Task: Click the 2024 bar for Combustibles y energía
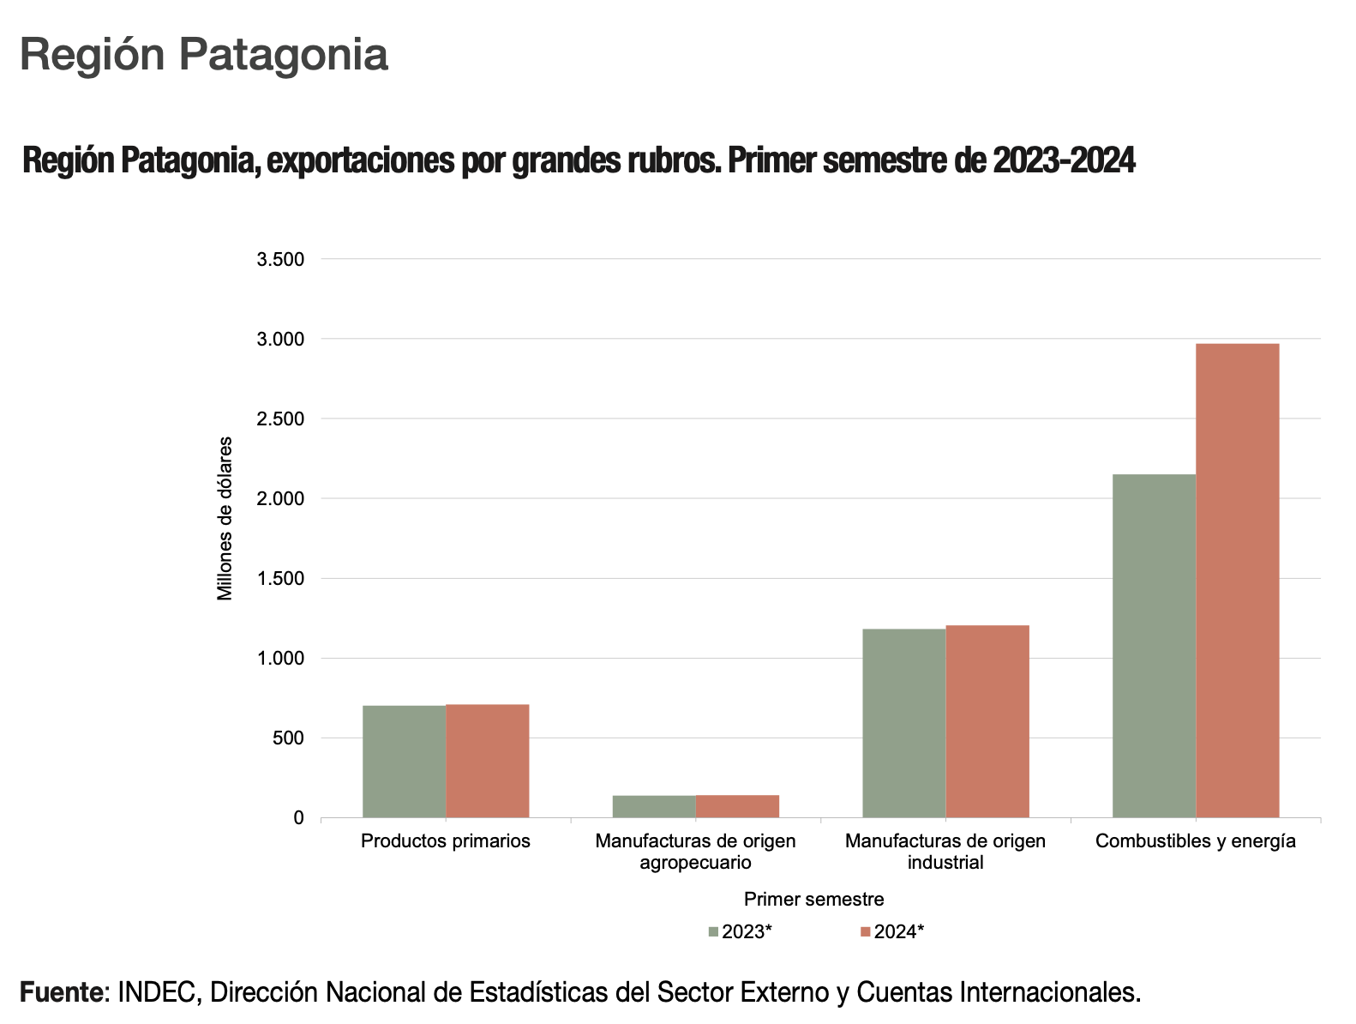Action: click(x=1237, y=581)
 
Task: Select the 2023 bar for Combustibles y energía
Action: click(x=1154, y=646)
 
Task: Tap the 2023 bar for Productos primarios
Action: click(x=404, y=762)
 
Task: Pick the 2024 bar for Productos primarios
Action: click(x=487, y=761)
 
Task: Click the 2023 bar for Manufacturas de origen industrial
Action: click(x=903, y=723)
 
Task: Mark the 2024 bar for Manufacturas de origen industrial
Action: click(x=987, y=721)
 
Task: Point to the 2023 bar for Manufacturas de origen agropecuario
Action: click(x=654, y=807)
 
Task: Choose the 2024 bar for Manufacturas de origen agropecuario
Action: click(x=737, y=807)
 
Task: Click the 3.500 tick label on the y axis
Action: click(x=280, y=260)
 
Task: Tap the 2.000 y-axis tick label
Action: click(x=280, y=499)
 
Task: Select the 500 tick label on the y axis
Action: click(x=288, y=738)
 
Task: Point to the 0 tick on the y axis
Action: click(x=298, y=818)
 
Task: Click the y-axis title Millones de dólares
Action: click(x=225, y=519)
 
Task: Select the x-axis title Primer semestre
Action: click(x=813, y=899)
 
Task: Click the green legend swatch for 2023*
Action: click(x=713, y=932)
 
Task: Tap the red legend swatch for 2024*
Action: click(x=866, y=932)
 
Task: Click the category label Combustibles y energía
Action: click(x=1195, y=841)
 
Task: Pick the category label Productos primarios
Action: click(x=446, y=841)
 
